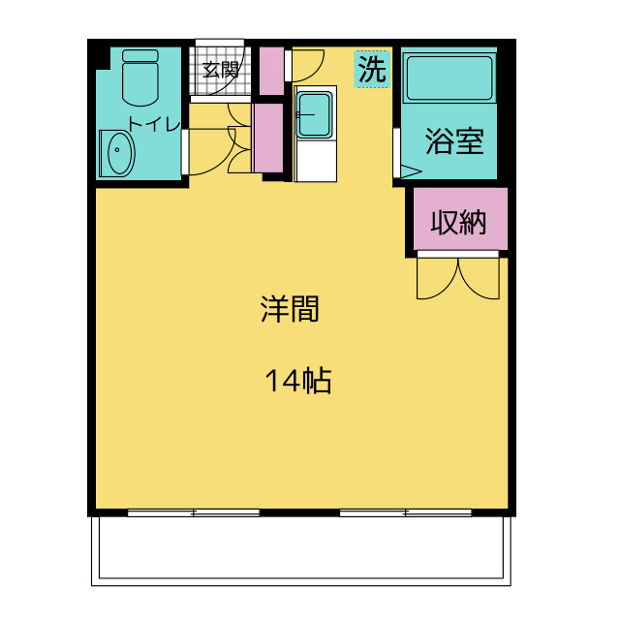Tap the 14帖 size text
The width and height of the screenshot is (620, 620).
tap(298, 382)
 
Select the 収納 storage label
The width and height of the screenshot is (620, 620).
tap(456, 223)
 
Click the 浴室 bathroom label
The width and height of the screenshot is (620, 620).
tap(454, 142)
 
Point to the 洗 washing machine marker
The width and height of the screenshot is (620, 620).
tap(371, 69)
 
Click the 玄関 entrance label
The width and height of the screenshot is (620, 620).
tap(220, 70)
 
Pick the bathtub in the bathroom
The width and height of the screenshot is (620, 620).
tap(449, 78)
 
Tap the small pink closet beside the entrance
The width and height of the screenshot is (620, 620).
tap(271, 69)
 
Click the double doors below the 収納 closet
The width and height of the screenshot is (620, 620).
tap(456, 277)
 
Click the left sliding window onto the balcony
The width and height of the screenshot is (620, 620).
tap(194, 512)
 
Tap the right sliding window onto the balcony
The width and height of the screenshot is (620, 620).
tap(405, 512)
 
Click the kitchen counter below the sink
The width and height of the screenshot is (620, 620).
tap(315, 162)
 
